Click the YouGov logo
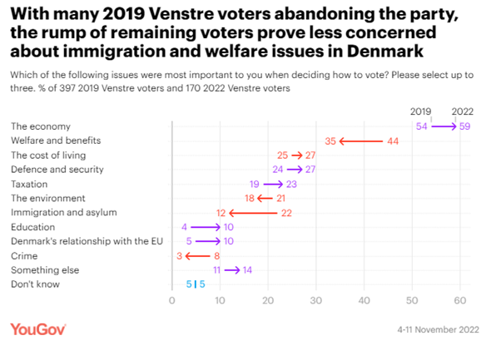click(37, 329)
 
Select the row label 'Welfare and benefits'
click(52, 141)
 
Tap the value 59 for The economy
click(465, 126)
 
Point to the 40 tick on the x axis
click(364, 300)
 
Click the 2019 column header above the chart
click(422, 111)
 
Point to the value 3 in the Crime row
click(179, 256)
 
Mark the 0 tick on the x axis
click(171, 300)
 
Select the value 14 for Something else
click(248, 270)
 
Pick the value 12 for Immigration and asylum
click(221, 213)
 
